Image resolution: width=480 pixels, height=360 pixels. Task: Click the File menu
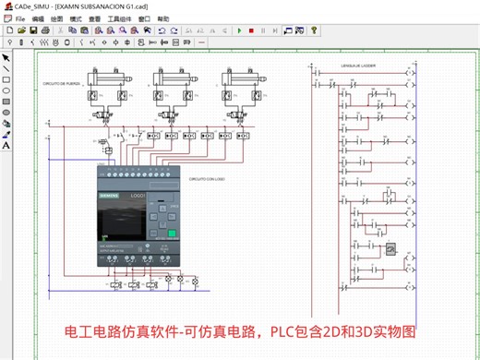pos(20,18)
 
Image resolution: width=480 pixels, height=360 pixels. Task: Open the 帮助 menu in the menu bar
pos(163,18)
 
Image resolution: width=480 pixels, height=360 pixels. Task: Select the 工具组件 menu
pos(120,18)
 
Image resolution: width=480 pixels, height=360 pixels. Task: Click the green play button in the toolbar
pos(238,30)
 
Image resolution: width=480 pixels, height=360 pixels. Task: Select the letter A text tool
pos(6,146)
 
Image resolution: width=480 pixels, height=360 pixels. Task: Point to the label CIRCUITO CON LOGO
pos(208,179)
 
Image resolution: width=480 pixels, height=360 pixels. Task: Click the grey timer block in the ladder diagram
pos(392,249)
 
